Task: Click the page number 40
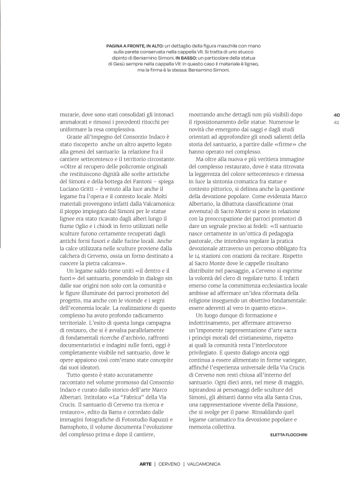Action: click(336, 114)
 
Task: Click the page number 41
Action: click(336, 122)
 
